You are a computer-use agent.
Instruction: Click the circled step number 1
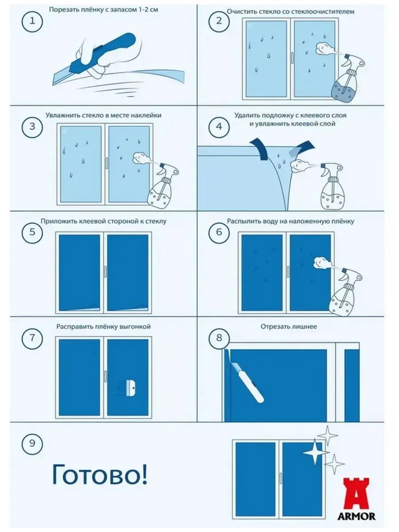32,21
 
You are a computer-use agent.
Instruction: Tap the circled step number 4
219,126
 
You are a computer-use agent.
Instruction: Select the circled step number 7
32,338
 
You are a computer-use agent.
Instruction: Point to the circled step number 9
32,443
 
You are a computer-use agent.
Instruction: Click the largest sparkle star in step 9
316,452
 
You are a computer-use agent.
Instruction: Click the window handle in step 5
106,271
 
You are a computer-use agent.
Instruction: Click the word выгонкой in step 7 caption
135,327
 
